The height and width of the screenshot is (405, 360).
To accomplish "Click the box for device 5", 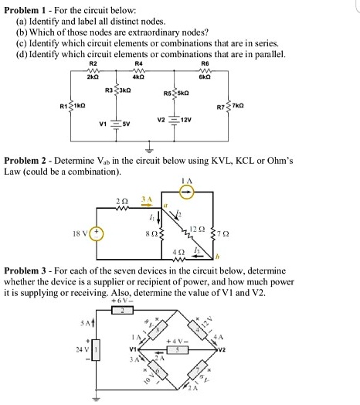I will coord(177,349).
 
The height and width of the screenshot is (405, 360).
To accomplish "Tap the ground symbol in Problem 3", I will coord(97,397).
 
